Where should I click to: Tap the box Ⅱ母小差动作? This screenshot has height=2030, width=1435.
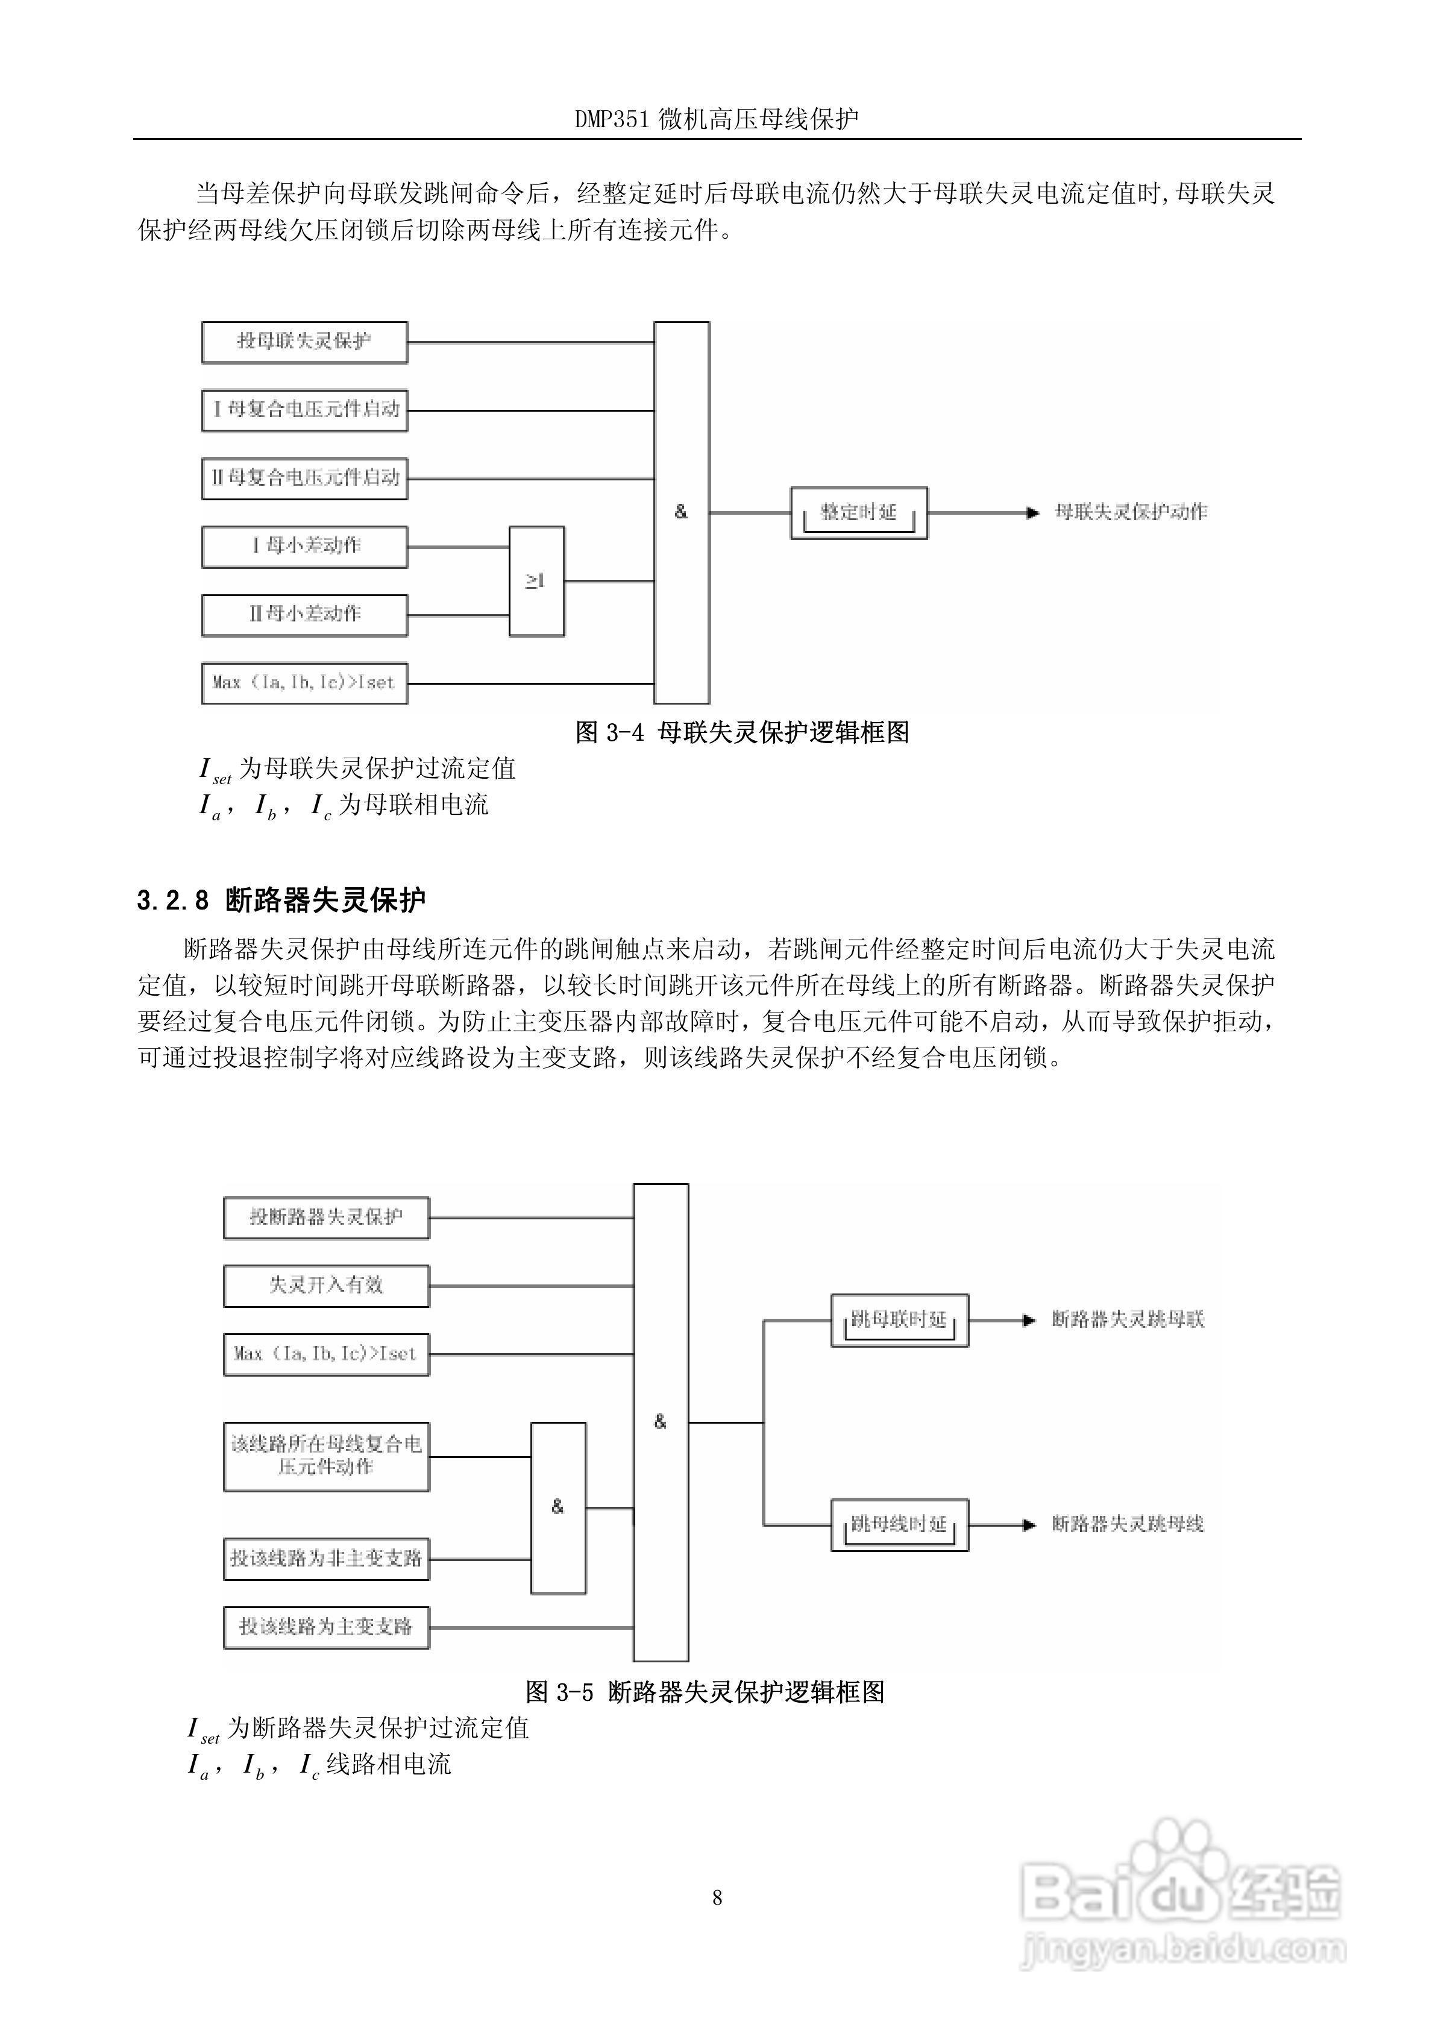click(304, 614)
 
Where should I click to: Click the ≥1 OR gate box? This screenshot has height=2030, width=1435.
click(536, 582)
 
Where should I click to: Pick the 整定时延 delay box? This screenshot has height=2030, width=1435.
click(858, 513)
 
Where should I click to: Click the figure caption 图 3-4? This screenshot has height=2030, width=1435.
click(742, 732)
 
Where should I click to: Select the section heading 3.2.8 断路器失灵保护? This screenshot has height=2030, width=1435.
click(281, 900)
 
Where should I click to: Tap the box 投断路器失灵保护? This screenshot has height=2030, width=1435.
click(325, 1218)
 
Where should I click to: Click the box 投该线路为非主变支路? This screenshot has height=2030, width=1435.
click(325, 1558)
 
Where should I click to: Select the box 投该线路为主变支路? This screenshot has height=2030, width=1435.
click(325, 1627)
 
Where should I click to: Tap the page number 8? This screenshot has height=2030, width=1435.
click(717, 1897)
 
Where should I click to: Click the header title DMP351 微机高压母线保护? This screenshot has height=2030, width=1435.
click(717, 119)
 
